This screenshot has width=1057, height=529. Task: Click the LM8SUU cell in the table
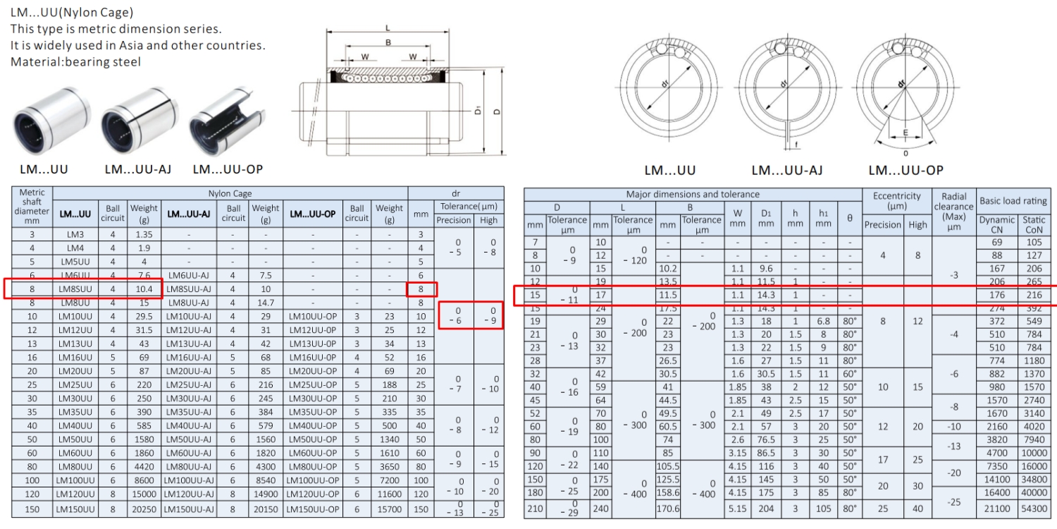click(75, 288)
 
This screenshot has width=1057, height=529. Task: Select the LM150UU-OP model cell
click(314, 509)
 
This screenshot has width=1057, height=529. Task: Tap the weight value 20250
click(144, 509)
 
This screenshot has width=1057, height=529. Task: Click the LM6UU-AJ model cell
click(189, 275)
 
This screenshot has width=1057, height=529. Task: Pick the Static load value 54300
click(1034, 508)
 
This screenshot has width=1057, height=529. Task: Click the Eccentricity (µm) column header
click(896, 201)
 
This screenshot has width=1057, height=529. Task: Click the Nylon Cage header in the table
click(230, 193)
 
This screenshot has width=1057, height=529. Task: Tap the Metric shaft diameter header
click(32, 206)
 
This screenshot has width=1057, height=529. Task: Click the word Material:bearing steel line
click(75, 62)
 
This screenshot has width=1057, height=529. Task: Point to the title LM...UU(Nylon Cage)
click(71, 12)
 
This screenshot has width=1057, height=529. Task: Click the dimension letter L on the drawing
click(388, 28)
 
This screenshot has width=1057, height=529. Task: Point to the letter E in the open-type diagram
click(905, 132)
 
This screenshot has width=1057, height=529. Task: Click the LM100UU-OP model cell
click(314, 480)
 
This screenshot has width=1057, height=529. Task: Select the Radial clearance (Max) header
click(953, 211)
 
